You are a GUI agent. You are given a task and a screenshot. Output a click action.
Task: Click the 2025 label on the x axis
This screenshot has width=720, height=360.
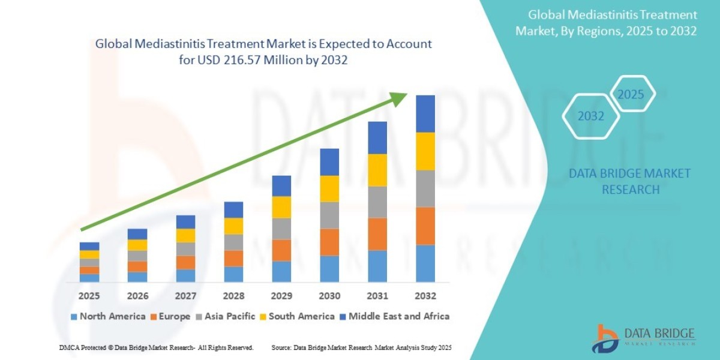point(89,296)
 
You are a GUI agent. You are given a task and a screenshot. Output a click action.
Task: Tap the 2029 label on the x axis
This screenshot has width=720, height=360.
point(281,296)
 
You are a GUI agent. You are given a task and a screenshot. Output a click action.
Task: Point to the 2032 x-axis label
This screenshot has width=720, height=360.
point(425,296)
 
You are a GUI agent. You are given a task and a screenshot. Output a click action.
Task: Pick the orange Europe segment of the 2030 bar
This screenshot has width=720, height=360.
point(329,242)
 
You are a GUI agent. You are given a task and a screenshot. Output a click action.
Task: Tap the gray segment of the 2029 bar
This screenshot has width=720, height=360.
point(281,229)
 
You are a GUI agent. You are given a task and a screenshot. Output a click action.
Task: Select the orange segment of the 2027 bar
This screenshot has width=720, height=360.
point(185,262)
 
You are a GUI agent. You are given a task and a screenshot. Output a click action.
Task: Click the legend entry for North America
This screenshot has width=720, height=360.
point(108,316)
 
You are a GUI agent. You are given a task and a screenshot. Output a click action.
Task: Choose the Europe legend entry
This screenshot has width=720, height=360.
point(171,316)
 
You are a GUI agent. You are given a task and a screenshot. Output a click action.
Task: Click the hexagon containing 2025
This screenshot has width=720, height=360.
point(631,95)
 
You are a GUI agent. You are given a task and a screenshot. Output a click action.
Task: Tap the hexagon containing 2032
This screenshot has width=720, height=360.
point(591,116)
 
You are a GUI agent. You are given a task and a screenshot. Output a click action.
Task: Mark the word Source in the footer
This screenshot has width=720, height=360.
point(282,348)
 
